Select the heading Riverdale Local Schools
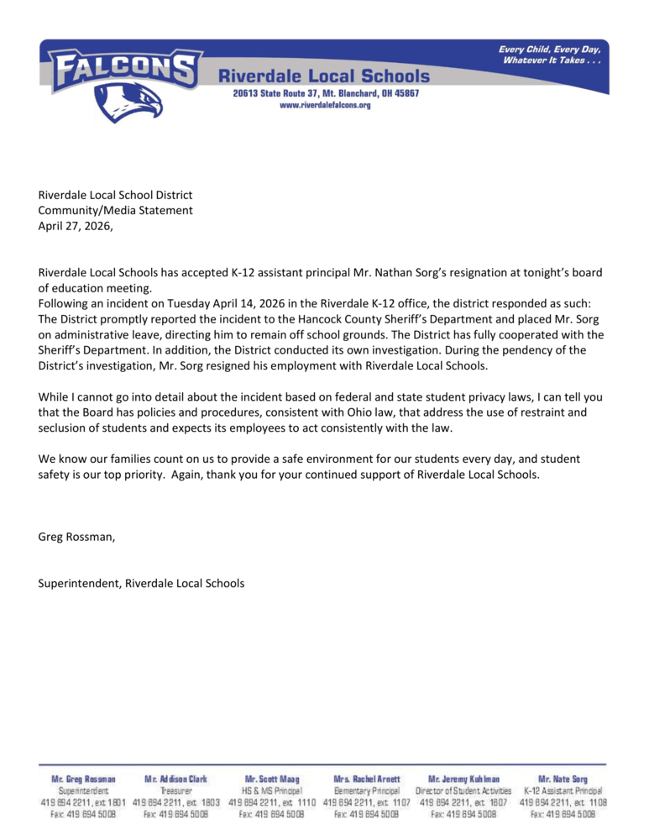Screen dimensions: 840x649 coord(324,76)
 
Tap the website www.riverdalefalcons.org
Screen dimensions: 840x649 coord(325,105)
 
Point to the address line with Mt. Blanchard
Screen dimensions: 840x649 coord(325,93)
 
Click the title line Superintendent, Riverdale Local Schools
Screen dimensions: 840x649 coord(141,582)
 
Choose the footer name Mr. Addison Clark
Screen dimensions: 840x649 coord(175,780)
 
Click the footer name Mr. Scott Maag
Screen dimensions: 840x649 coord(272,780)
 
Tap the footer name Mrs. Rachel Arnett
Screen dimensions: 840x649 coord(368,780)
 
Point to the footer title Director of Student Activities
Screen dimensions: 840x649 coord(463,791)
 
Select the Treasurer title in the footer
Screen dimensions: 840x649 coord(175,791)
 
